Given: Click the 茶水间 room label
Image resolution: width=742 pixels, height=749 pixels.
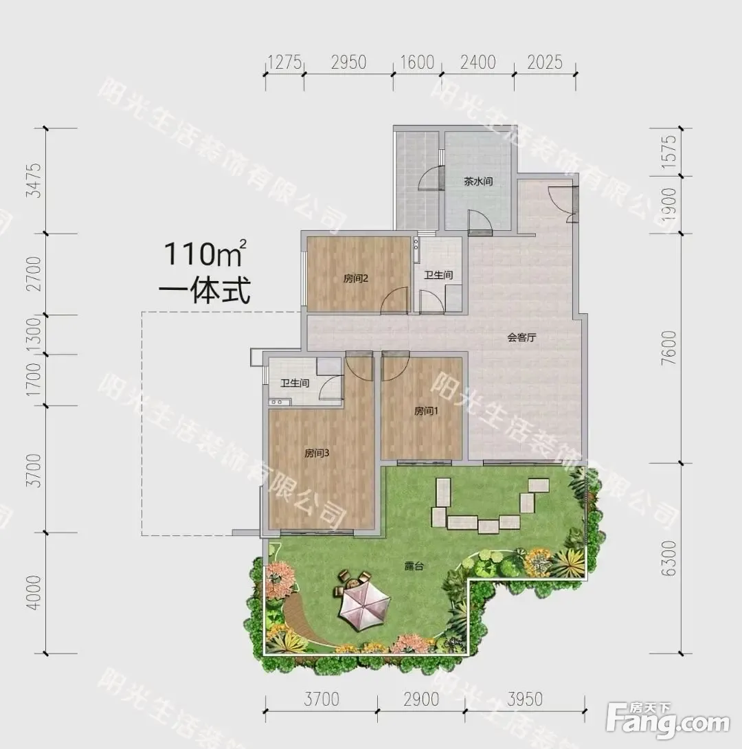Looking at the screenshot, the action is pos(478,181).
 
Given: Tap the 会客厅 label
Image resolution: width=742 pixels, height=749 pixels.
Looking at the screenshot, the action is pos(521,337).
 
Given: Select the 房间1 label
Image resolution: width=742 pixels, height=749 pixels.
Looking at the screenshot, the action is pos(426,411).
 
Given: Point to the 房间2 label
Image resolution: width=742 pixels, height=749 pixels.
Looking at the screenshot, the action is pos(356,278).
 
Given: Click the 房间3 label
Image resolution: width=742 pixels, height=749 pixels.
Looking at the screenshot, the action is pos(317,454).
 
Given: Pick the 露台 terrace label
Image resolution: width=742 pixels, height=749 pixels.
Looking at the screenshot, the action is pos(414,566).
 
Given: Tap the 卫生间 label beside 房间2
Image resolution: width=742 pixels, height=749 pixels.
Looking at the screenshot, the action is pos(438,275).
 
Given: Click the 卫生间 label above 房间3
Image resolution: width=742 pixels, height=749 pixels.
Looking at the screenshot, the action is pos(295,383).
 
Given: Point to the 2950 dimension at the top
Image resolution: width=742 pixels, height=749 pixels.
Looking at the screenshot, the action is pos(348,63).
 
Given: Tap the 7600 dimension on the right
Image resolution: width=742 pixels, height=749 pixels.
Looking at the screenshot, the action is pos(669,348).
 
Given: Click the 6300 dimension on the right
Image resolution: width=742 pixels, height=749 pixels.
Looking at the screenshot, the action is pos(669,558).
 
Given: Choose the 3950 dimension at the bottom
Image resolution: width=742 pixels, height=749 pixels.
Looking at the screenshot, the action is pos(525,700).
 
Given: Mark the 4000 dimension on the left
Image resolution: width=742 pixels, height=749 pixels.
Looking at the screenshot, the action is pos(34,593).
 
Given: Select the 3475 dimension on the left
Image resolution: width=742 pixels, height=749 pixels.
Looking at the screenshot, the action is pos(34,181).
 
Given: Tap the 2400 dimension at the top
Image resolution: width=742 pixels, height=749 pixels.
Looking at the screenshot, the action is pos(478,63).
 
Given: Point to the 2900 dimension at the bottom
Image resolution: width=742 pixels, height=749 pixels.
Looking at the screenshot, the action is pos(421,700).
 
